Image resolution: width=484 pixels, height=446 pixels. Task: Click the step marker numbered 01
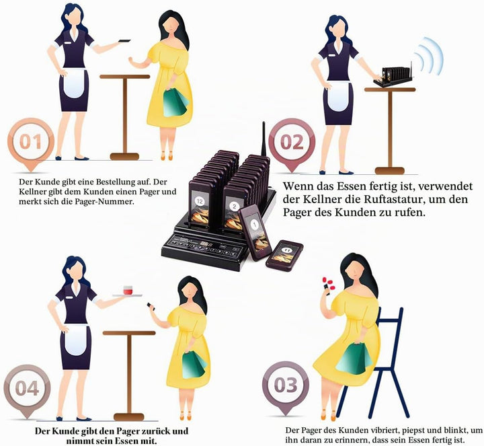point(31,143)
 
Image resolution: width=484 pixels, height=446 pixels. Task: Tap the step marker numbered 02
point(292,143)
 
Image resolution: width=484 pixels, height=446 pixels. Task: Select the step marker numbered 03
point(286,385)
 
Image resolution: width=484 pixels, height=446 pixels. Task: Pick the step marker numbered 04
point(27,389)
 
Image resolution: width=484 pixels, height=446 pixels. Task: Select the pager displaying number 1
point(255,232)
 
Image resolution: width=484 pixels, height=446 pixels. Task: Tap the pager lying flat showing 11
point(284,255)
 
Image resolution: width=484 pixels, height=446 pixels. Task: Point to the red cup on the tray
point(128,291)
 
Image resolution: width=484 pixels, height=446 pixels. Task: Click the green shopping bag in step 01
point(174,103)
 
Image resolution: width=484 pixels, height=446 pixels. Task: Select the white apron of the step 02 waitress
point(339,96)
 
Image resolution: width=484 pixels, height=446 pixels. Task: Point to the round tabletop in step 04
point(129,333)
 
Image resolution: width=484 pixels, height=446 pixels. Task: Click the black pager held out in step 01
point(124,41)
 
